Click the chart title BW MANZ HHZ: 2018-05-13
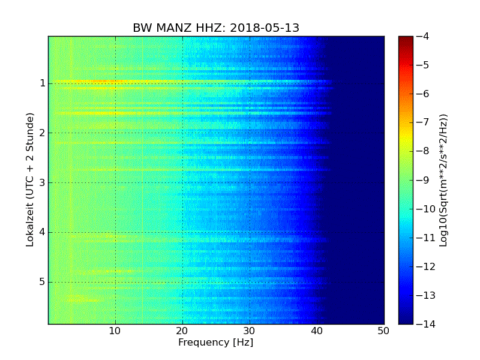click(216, 28)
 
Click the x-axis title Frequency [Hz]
click(215, 343)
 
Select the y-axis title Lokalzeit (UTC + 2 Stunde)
click(29, 179)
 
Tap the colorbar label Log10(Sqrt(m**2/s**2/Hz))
click(443, 180)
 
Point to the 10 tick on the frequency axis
click(115, 331)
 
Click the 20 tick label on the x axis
click(182, 331)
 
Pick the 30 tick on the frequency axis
click(250, 331)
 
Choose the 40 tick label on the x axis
click(317, 331)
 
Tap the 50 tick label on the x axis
click(383, 331)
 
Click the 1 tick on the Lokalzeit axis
click(43, 83)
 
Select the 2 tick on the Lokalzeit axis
click(43, 133)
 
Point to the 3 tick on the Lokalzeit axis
click(43, 183)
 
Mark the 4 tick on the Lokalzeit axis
click(43, 233)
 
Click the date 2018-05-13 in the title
click(265, 28)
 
